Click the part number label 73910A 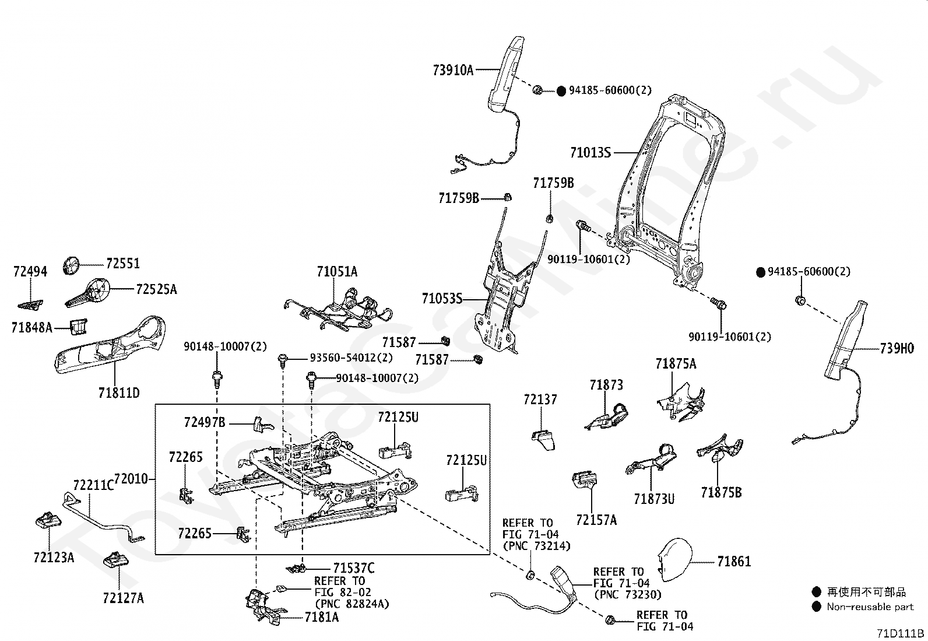[x=453, y=70]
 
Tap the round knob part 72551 [x=71, y=265]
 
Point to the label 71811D [x=119, y=392]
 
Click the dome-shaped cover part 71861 [x=675, y=560]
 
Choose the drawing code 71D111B [x=900, y=633]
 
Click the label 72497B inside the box [x=205, y=422]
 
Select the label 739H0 [x=897, y=348]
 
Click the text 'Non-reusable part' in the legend [x=870, y=607]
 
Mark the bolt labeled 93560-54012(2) [x=283, y=360]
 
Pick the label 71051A [x=337, y=272]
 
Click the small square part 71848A [x=78, y=326]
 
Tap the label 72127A [x=124, y=598]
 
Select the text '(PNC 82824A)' [x=352, y=604]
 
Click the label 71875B [x=721, y=493]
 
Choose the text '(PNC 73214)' [x=536, y=546]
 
